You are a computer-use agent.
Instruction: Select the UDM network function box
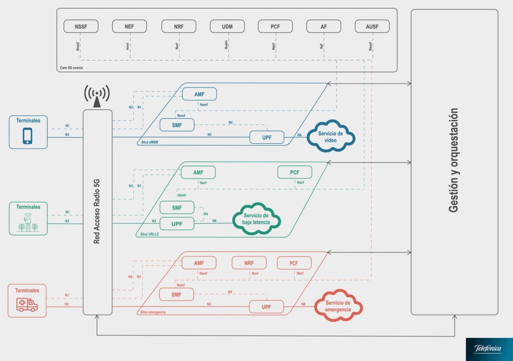tap(226, 27)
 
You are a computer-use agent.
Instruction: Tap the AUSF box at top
tap(372, 27)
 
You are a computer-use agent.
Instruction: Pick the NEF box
tap(129, 27)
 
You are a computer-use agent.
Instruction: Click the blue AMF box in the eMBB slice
tap(199, 94)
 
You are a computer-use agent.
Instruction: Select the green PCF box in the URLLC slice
tap(295, 172)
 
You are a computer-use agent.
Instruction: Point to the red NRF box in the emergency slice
tap(249, 263)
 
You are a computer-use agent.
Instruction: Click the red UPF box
tap(267, 306)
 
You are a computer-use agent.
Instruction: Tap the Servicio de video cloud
tap(331, 136)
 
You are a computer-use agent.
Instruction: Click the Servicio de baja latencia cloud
tap(256, 219)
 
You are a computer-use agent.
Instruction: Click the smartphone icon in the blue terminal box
tap(28, 136)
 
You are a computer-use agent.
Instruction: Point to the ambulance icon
tap(27, 304)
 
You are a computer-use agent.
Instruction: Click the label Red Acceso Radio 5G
tap(98, 212)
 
